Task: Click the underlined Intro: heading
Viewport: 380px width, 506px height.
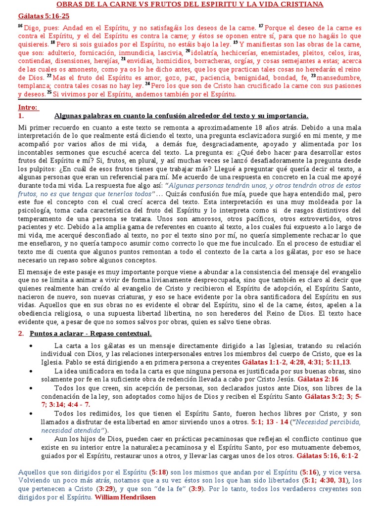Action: tap(28, 107)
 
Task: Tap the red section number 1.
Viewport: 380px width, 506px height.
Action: tap(21, 116)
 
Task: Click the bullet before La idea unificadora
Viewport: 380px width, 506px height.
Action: tap(32, 371)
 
